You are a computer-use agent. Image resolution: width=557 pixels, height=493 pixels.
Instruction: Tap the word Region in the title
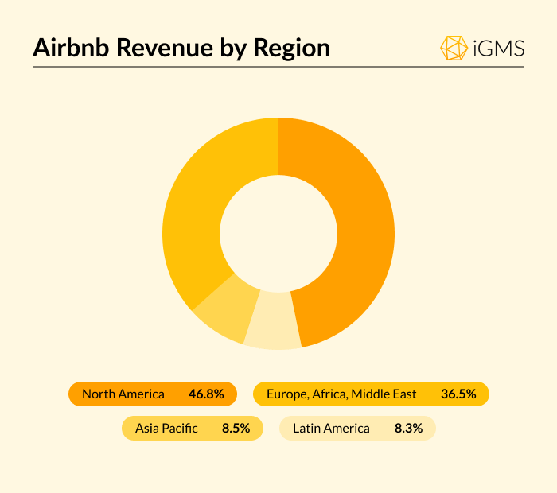coord(290,48)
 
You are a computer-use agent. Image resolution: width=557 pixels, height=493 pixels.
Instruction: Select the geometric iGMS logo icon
coord(454,48)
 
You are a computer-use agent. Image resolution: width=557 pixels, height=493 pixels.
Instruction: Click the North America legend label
coord(123,394)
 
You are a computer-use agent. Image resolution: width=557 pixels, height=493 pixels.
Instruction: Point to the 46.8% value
coord(206,394)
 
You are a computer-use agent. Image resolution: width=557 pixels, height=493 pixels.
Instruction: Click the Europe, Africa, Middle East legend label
coord(341,394)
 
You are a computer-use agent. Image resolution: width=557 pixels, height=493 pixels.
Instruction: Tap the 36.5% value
coord(458,394)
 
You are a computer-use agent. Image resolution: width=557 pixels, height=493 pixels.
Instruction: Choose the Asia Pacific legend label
coord(166,428)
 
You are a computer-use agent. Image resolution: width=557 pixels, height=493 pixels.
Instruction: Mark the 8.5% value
coord(236,428)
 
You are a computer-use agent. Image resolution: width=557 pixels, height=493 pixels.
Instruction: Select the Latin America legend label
coord(331,428)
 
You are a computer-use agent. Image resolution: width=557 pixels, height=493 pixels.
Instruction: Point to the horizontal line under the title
coord(278,67)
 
